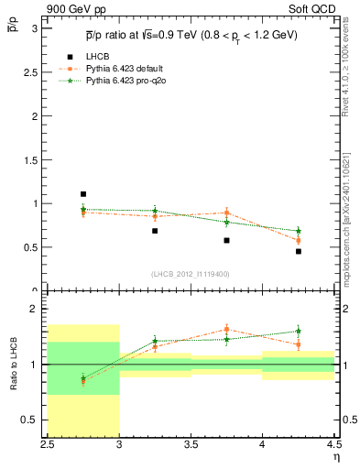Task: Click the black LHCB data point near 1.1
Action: click(83, 194)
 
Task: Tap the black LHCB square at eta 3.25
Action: click(155, 231)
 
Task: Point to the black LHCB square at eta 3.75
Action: click(226, 240)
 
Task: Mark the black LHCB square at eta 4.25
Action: click(299, 251)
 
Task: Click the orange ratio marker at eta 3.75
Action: click(226, 329)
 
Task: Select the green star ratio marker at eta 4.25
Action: click(299, 331)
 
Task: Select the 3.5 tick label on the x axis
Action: click(191, 443)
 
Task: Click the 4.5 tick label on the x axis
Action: click(333, 443)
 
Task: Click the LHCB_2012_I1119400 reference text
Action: click(191, 274)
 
